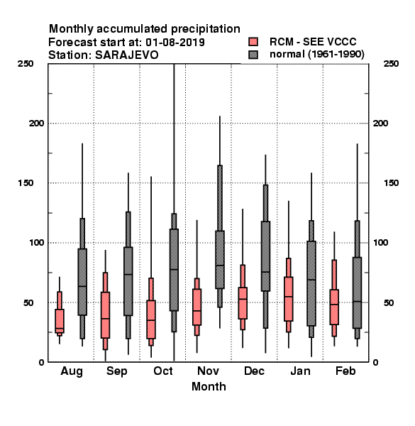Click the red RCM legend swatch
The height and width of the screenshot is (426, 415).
point(253,42)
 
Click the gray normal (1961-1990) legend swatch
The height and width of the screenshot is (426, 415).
point(253,55)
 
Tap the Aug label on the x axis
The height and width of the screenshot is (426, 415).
point(72,371)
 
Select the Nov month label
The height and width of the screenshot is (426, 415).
point(208,371)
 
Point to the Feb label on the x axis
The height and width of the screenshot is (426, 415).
point(345,371)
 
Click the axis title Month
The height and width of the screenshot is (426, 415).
point(209,386)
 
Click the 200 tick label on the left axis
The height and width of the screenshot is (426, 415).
point(36,124)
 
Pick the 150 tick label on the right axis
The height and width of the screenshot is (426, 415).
point(391,183)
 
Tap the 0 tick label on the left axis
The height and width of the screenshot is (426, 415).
point(41,362)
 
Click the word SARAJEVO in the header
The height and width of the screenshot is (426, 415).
point(126,55)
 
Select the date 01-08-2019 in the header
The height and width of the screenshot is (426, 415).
point(175,43)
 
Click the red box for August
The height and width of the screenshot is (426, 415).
point(60,321)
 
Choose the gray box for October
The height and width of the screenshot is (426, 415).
point(174,270)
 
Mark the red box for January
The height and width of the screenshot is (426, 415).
point(289,299)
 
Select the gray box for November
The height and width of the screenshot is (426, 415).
point(220,259)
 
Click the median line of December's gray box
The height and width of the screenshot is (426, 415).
point(266,272)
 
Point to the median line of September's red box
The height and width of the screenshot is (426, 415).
point(105,318)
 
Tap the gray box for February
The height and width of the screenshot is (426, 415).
point(358,293)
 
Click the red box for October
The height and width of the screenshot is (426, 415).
point(151,319)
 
